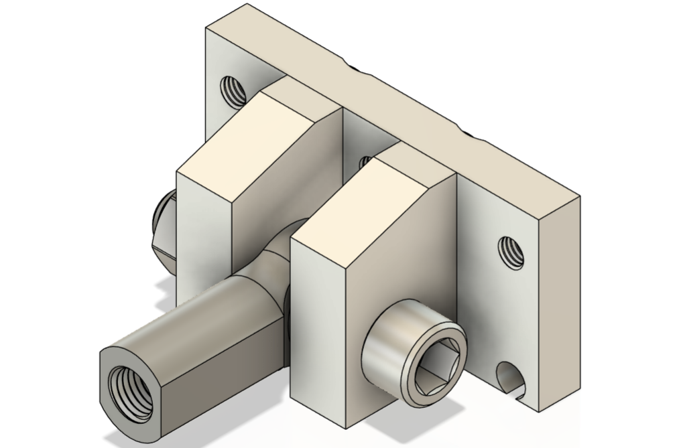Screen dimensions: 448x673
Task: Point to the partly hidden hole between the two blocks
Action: click(x=365, y=161)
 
